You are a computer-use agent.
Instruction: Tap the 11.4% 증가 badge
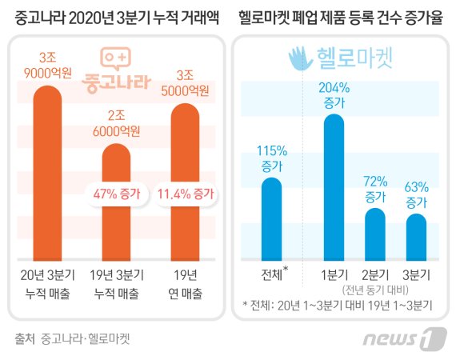186,193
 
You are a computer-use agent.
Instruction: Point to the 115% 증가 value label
272,158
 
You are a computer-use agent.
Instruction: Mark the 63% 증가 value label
416,194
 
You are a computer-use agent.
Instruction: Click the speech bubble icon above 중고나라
115,58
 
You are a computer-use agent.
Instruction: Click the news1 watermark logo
403,339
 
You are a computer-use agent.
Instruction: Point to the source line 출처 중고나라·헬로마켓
72,338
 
